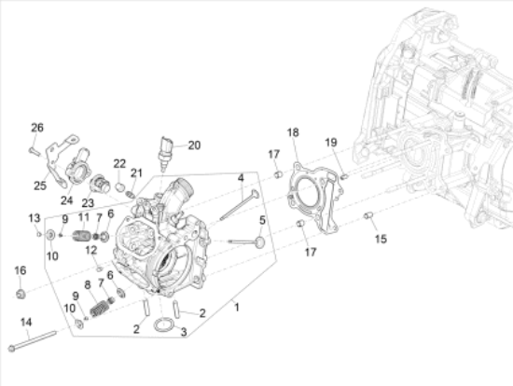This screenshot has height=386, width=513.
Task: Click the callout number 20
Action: click(x=194, y=145)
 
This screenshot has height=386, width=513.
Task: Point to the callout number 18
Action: click(x=293, y=132)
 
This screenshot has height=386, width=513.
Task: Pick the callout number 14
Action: click(x=26, y=323)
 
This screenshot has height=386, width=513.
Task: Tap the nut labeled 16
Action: click(x=20, y=296)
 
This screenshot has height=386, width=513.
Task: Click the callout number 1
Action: click(x=237, y=307)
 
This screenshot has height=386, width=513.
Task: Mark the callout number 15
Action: click(x=381, y=239)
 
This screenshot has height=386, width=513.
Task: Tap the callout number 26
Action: click(x=37, y=128)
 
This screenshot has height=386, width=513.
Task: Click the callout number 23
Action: click(x=88, y=202)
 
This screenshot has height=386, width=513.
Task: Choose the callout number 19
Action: click(x=331, y=142)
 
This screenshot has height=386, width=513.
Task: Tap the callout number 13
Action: click(x=34, y=217)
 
